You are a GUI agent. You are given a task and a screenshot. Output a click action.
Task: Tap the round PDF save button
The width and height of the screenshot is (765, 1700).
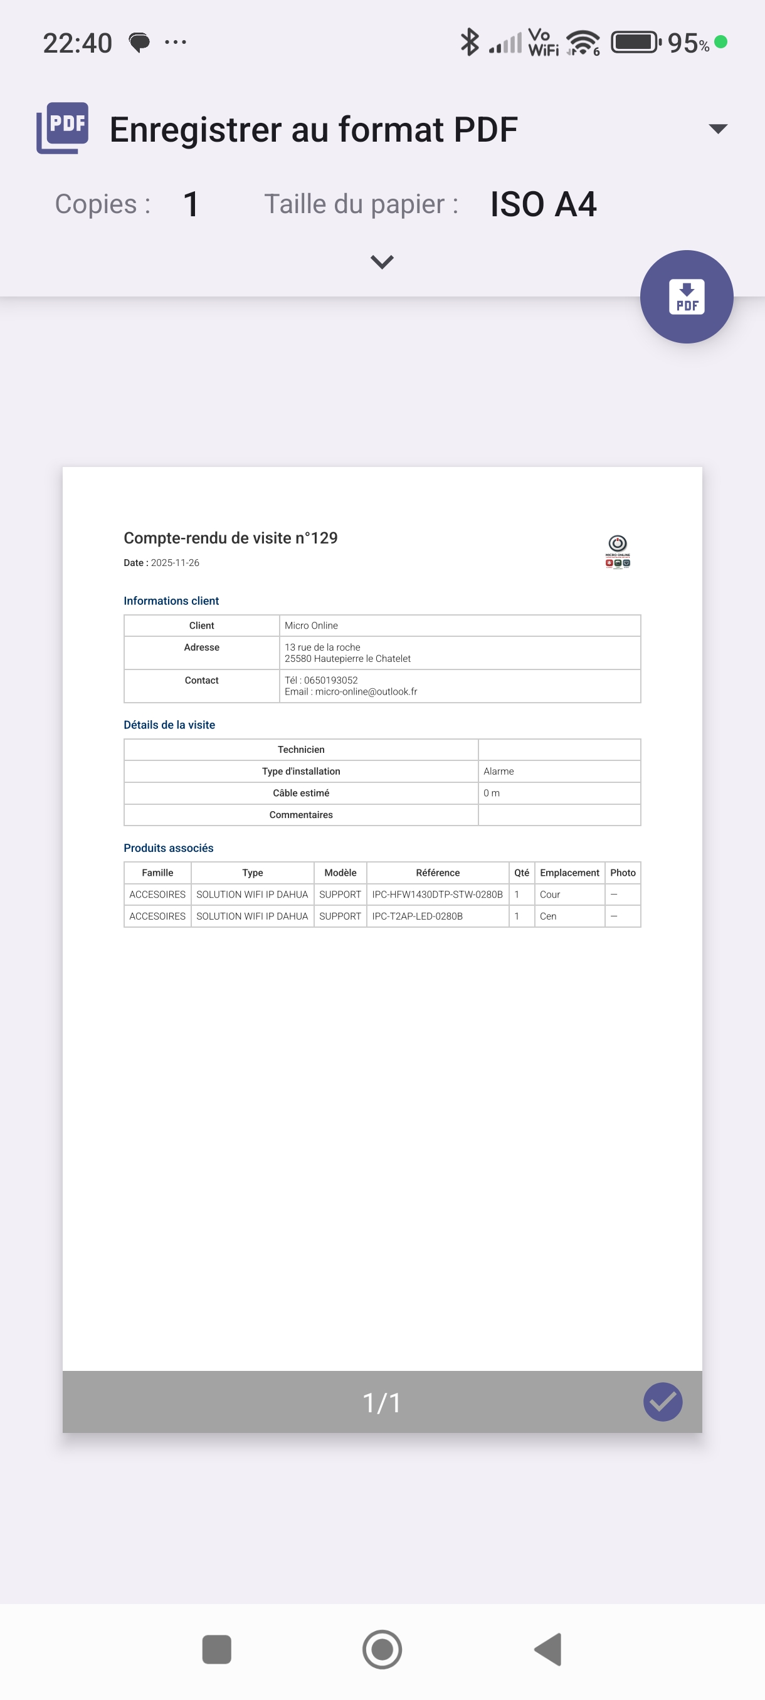pos(686,296)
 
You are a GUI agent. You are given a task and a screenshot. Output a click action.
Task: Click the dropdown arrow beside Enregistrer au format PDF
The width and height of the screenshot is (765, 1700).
pos(717,128)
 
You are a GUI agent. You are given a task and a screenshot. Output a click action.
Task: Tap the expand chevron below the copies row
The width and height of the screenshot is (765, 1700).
pos(382,262)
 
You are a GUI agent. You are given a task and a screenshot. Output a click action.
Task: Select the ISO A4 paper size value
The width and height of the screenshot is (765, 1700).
pos(542,204)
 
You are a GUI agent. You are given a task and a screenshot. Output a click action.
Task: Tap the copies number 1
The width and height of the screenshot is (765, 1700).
pos(191,204)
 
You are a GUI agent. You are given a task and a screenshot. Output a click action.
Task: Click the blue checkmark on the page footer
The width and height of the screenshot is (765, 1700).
pos(662,1402)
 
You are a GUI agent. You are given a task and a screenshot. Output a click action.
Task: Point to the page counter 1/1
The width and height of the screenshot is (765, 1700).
pos(381,1402)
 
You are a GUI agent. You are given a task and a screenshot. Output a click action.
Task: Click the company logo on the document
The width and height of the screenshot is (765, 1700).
pos(617,551)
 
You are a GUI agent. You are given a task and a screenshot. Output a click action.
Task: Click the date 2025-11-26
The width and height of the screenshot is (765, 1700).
pos(175,563)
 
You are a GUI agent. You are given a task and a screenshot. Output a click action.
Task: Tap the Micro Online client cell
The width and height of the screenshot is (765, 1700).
pos(311,626)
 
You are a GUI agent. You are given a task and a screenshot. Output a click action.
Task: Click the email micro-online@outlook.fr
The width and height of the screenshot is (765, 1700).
pos(366,691)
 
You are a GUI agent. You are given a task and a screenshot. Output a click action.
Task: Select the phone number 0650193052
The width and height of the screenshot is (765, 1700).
pos(330,680)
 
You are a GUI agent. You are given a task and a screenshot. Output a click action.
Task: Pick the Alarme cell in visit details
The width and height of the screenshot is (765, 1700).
pos(499,772)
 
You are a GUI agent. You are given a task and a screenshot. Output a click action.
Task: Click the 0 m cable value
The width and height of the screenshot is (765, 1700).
pos(491,793)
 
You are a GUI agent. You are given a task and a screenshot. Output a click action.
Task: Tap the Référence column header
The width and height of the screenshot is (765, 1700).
pos(438,873)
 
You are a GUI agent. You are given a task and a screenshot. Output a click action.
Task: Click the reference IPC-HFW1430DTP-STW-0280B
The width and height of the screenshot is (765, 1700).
pos(437,895)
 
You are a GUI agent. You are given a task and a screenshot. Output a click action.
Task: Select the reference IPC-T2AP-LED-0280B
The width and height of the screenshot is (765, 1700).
pos(417,916)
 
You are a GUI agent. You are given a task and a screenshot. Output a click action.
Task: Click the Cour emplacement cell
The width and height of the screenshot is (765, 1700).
pos(550,895)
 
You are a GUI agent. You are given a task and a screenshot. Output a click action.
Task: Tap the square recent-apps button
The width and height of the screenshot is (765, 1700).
pos(216,1649)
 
